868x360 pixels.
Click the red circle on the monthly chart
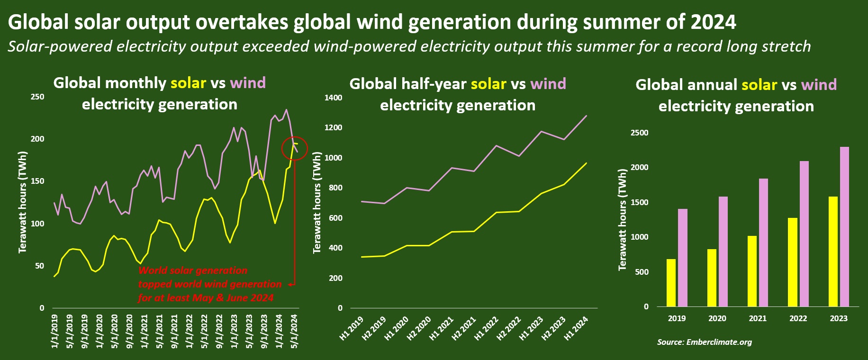coord(294,148)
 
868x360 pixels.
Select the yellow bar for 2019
coord(671,283)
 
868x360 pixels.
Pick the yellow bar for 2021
coord(752,271)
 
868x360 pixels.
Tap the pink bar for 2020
coord(723,252)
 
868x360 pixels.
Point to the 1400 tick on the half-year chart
coord(333,98)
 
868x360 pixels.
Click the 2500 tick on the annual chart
coord(639,133)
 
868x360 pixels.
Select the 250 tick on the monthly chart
coord(37,97)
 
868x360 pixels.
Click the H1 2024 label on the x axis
coord(576,328)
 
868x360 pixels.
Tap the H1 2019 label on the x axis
coord(352,328)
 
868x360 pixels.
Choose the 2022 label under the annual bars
coord(798,318)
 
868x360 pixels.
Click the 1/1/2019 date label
coord(54,331)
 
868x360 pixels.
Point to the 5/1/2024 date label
coord(294,331)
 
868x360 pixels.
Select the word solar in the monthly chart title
coord(188,83)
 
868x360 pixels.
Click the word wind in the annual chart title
coord(819,85)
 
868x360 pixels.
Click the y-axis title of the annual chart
coord(622,220)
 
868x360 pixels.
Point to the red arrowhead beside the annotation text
coord(290,284)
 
